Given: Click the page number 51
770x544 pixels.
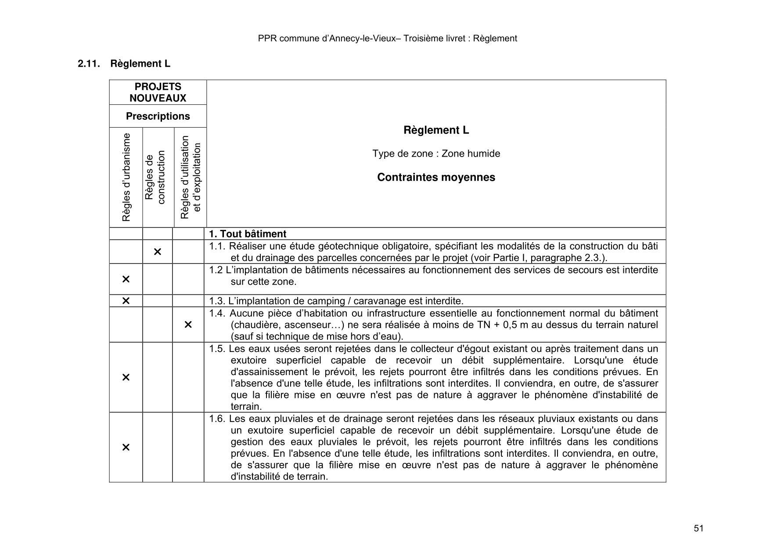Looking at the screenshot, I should point(698,528).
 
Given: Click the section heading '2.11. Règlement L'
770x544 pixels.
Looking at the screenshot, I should point(124,64).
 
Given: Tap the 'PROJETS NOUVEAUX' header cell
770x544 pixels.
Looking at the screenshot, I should point(158,93).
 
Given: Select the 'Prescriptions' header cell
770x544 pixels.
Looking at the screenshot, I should point(158,116).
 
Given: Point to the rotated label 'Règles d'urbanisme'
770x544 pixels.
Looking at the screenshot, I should point(126,177).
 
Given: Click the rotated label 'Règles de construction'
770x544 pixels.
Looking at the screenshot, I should point(155,177).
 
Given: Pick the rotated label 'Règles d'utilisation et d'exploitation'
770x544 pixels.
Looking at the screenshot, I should point(191,177).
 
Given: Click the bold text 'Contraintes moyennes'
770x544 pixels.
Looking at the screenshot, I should point(436,177).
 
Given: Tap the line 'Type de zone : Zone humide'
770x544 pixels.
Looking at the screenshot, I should point(436,154).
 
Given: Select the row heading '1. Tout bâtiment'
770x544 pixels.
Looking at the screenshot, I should point(248,234).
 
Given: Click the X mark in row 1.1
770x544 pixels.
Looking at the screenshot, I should point(158,252).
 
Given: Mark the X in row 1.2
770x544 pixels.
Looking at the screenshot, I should point(126,279).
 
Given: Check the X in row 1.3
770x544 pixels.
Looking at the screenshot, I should point(126,301).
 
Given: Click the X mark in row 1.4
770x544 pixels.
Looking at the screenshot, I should point(188,325).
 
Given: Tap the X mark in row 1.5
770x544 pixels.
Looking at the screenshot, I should point(126,377).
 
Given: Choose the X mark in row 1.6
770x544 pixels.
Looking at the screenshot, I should point(126,447).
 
